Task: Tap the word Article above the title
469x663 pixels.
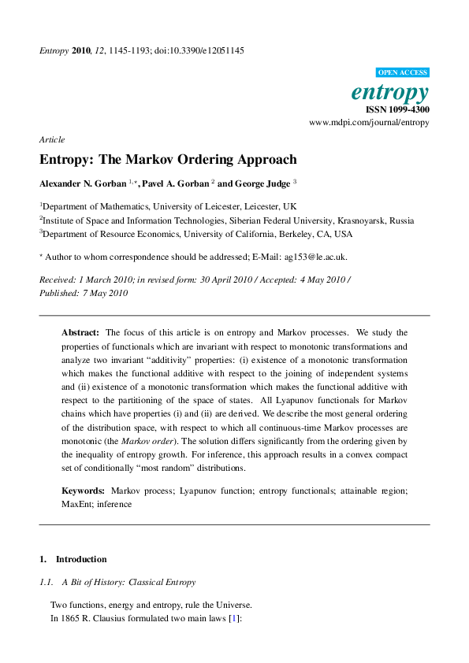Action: pyautogui.click(x=52, y=139)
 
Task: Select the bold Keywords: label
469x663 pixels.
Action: pyautogui.click(x=84, y=491)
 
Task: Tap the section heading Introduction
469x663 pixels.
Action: pyautogui.click(x=80, y=559)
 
